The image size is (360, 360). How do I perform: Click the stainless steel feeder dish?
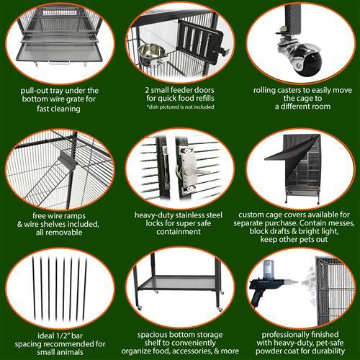click(150, 54)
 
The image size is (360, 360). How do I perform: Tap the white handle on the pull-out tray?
click(59, 63)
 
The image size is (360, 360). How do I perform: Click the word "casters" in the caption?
click(292, 90)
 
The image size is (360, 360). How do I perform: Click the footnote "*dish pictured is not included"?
click(180, 107)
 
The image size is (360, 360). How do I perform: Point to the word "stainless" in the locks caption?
click(192, 215)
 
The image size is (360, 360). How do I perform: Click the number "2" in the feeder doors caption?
click(147, 90)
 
